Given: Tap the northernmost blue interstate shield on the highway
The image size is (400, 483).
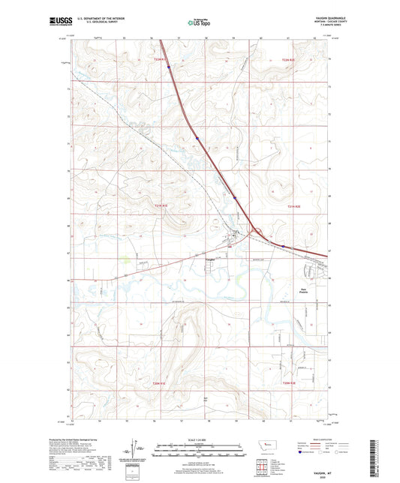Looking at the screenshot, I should (x=169, y=67).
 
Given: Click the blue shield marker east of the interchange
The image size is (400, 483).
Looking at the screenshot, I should (x=284, y=245).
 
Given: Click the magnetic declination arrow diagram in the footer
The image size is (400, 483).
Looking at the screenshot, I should (x=136, y=452).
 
